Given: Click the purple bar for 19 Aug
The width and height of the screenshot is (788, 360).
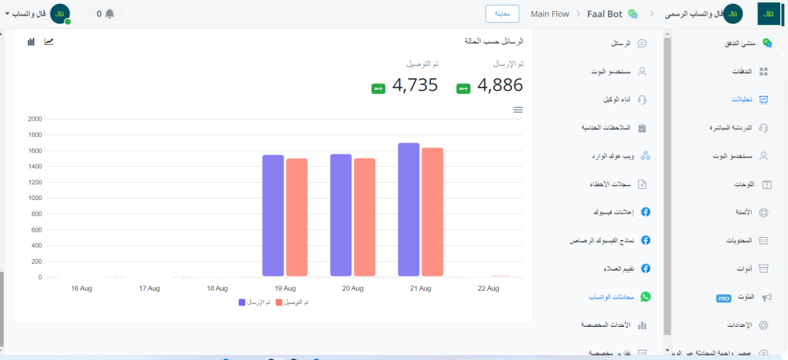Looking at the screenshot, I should tap(273, 216).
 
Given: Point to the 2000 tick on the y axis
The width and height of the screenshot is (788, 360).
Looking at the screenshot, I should tap(35, 119).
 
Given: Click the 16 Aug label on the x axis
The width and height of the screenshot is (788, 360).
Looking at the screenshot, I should tap(81, 288).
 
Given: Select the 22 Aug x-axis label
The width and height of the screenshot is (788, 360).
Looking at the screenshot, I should tap(489, 288).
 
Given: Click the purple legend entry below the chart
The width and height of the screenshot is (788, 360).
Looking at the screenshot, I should tap(254, 302).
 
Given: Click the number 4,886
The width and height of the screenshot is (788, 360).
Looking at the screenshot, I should tap(500, 85).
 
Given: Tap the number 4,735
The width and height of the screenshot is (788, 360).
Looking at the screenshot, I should tap(414, 85).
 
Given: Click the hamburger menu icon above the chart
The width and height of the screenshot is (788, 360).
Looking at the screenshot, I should tap(518, 109).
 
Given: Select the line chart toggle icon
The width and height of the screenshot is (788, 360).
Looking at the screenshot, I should tap(49, 41).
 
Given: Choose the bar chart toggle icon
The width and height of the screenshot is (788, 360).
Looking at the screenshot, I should tap(31, 41).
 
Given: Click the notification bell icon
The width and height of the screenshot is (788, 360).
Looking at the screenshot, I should tap(110, 13).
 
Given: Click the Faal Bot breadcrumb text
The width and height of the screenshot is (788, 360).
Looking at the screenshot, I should tap(605, 14).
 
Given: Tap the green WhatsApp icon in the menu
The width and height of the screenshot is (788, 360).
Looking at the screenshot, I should tap(645, 296).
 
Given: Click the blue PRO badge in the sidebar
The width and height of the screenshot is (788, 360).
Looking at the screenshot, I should tap(724, 299).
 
